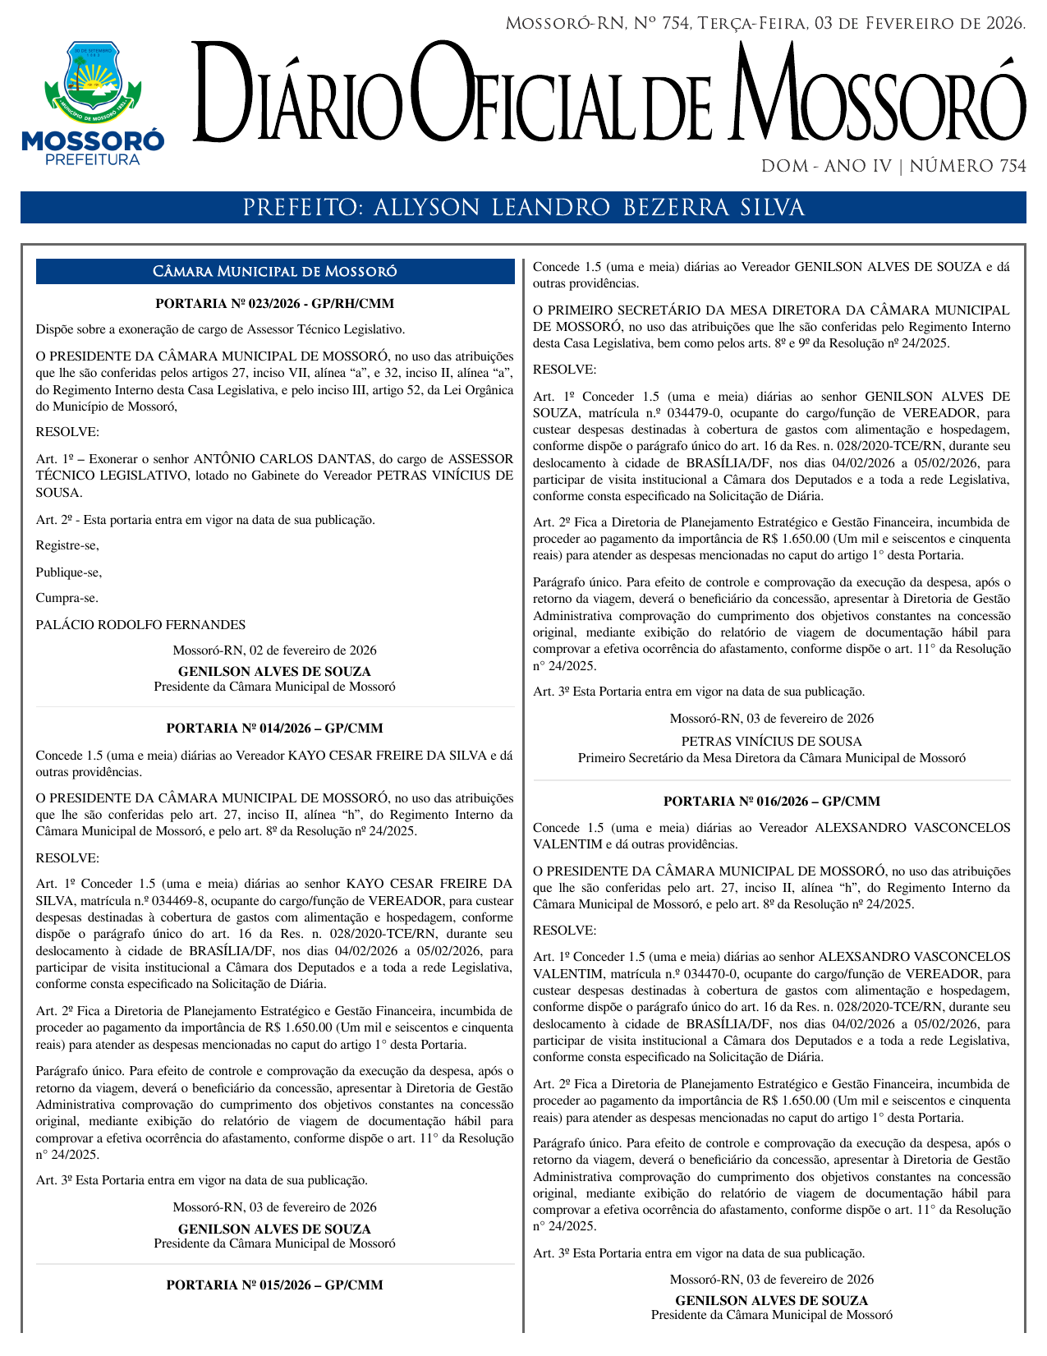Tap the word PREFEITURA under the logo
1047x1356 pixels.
92,159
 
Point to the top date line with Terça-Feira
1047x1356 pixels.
765,24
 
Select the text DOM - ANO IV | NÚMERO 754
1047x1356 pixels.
893,167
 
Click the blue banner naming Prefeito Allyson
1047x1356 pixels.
523,208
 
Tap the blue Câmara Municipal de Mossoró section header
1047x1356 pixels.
275,272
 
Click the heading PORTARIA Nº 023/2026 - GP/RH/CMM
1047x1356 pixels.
275,304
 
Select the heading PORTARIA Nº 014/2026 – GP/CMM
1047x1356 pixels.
275,729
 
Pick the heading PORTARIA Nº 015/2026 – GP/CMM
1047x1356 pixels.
275,1285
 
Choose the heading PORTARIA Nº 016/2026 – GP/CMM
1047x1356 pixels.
772,802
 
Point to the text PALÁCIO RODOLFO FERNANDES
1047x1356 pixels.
140,625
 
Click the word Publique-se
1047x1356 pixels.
69,572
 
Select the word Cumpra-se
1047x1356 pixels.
67,599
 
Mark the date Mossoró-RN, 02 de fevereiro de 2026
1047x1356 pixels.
275,650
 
